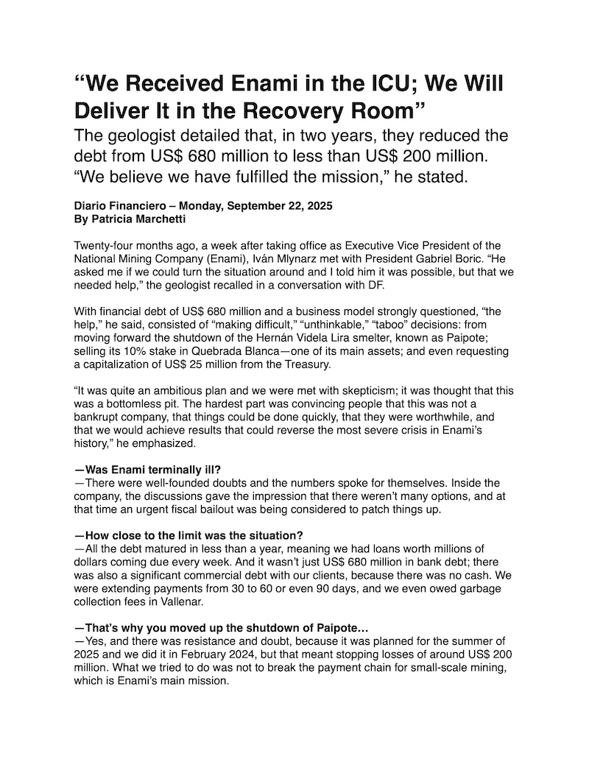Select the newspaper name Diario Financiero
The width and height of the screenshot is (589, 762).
[121, 207]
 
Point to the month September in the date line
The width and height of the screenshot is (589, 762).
[253, 207]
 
